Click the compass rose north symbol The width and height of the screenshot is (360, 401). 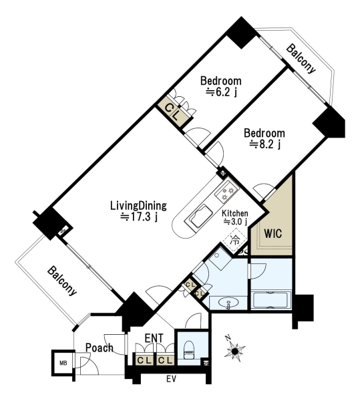235,351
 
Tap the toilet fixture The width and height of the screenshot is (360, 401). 189,350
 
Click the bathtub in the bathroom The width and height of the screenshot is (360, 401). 271,301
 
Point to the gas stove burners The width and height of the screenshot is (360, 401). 226,192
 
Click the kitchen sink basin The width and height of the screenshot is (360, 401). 200,217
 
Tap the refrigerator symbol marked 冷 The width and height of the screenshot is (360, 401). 235,240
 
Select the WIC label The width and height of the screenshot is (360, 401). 273,233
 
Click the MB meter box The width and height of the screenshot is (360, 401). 63,363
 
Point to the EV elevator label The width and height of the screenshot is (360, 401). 172,379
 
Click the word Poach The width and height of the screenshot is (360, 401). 99,348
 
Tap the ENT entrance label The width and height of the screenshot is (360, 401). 154,338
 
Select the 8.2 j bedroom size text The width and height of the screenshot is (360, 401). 265,145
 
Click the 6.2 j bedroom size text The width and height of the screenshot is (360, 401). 222,92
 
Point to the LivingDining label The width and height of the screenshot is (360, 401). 138,206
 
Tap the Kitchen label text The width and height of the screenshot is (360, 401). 234,213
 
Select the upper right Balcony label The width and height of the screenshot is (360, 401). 301,59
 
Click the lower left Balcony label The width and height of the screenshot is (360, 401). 62,281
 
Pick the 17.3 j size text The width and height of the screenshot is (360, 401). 139,217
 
